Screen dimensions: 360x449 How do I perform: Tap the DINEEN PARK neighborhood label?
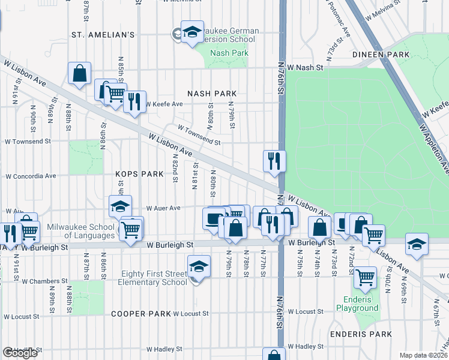coord(382,55)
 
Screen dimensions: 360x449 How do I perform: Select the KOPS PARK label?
coord(139,174)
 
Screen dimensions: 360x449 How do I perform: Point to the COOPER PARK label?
coord(141,314)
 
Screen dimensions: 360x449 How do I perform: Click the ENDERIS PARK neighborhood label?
coord(361,334)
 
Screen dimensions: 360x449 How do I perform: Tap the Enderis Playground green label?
coord(361,304)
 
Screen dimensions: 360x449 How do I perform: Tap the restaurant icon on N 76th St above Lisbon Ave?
coord(274,160)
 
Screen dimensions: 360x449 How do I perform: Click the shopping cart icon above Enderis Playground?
coord(365,278)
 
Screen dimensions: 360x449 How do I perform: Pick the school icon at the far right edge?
coord(417,244)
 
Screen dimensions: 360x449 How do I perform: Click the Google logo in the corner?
coord(20,353)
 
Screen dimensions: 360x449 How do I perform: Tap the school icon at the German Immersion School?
coord(192,34)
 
